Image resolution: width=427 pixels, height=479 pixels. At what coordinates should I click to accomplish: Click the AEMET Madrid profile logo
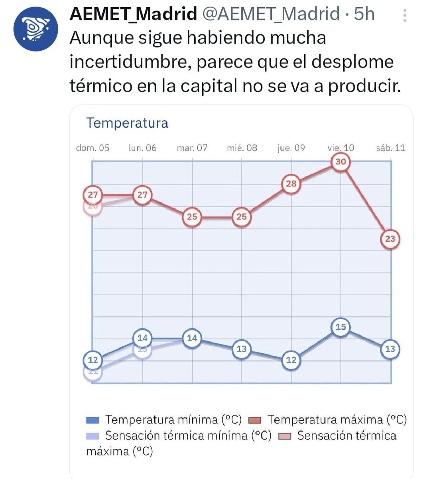coord(35,29)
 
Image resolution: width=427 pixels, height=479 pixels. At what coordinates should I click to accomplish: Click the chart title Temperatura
coord(127,123)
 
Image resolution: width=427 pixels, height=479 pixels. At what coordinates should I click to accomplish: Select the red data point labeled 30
coord(340,162)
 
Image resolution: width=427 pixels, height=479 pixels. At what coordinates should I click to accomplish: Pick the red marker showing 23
coord(390,239)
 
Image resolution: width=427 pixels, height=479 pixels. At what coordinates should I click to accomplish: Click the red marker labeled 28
coord(291,184)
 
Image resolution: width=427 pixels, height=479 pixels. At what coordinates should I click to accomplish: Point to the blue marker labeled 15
coord(340,327)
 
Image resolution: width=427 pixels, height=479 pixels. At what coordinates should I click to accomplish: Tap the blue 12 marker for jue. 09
coord(291,360)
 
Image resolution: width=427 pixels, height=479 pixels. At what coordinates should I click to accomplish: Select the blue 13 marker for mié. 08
coord(242,349)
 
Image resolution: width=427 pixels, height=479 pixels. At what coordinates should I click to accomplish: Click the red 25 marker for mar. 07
coord(192,217)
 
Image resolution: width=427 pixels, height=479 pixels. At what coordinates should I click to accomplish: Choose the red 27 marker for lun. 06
coord(142,195)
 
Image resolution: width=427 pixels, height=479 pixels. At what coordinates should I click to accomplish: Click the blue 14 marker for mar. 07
coord(192,338)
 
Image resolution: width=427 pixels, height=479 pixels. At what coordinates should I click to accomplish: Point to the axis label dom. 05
coord(92,148)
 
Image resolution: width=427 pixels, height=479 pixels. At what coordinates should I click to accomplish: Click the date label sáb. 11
coord(390,148)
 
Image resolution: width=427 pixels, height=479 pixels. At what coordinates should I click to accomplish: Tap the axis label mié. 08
coord(242,148)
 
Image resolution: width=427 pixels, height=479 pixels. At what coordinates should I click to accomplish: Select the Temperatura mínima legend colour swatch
coord(92,420)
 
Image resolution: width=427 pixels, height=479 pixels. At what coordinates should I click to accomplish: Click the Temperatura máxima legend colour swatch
coord(254,420)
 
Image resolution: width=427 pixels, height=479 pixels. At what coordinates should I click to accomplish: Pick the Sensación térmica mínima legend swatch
coord(92,436)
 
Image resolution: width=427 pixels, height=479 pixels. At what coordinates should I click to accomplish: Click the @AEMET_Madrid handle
coord(271,14)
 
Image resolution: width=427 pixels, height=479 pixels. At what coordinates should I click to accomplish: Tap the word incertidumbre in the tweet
coord(130,62)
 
